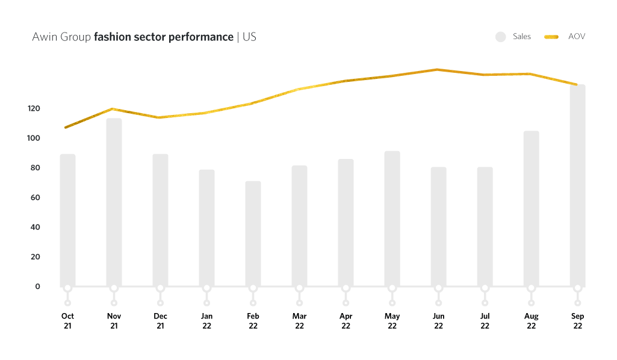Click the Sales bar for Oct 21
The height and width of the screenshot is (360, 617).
(x=67, y=220)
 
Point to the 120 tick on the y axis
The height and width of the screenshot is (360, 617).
(x=33, y=108)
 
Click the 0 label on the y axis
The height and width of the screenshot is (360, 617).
(x=37, y=287)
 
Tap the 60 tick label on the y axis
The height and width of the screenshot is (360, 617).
(x=35, y=197)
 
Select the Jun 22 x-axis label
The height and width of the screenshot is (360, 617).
(x=438, y=321)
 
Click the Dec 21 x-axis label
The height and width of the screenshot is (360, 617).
(x=160, y=321)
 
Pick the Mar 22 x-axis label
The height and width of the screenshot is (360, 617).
(x=299, y=321)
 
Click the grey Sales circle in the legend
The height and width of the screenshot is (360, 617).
(x=500, y=37)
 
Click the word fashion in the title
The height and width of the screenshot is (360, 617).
(x=112, y=37)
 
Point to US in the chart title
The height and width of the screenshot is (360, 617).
(x=249, y=37)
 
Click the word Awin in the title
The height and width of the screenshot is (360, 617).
(x=43, y=37)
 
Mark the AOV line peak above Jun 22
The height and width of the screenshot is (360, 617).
(x=438, y=70)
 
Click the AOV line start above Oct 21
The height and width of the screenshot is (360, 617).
(x=66, y=127)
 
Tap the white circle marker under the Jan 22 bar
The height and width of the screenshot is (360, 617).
(x=206, y=288)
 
